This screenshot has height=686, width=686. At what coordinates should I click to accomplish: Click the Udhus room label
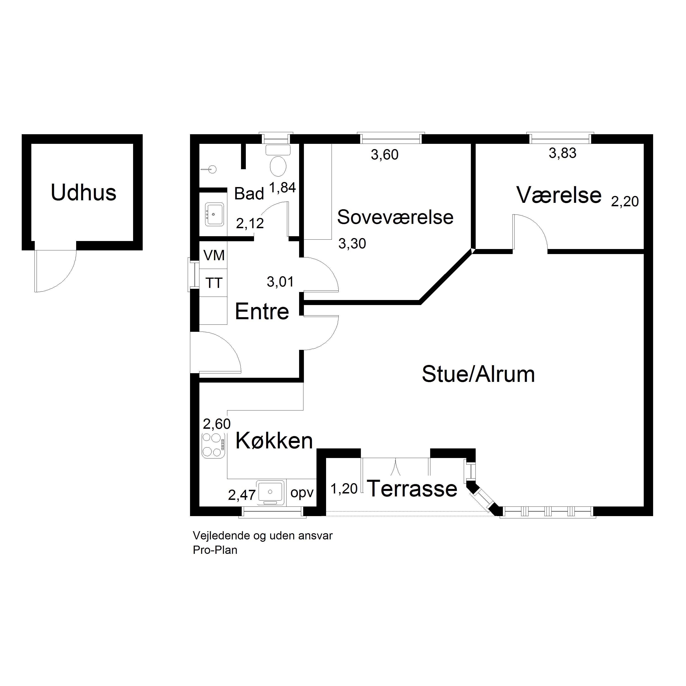tap(83, 193)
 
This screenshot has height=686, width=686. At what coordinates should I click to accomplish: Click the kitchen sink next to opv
tap(271, 493)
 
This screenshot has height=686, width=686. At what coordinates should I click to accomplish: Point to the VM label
tap(214, 255)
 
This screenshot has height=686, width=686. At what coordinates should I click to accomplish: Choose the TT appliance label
tap(214, 283)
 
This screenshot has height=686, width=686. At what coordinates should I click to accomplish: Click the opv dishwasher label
tap(302, 493)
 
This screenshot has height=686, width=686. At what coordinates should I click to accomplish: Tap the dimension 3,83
tap(563, 153)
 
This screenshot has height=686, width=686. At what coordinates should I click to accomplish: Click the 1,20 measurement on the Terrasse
tap(344, 489)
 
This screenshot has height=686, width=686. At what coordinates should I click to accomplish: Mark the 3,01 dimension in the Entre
tap(280, 282)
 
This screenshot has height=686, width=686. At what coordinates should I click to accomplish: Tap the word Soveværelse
tap(395, 217)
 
